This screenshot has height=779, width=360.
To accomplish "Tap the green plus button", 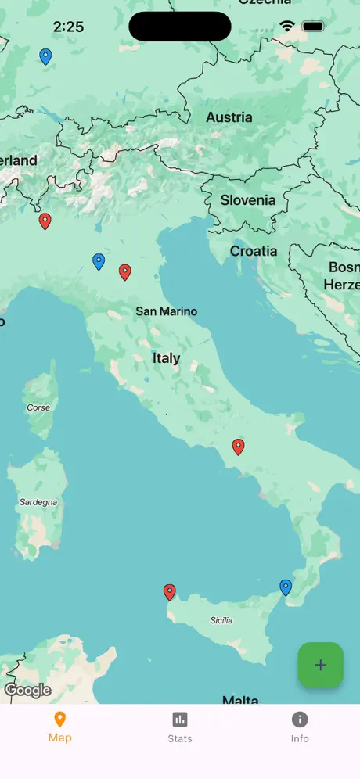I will click(x=320, y=665).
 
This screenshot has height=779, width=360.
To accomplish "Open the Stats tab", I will click(x=179, y=727).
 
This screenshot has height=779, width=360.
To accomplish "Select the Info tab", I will click(x=300, y=727).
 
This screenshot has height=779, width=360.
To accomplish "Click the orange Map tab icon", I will click(x=59, y=720).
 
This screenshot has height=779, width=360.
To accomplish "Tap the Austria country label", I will click(x=229, y=117).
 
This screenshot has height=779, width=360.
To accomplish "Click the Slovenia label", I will click(x=247, y=200).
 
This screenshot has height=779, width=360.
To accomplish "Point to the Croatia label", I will click(x=253, y=251).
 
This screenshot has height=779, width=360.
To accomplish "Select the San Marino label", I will click(x=167, y=311).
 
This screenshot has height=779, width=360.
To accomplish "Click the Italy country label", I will click(x=166, y=358).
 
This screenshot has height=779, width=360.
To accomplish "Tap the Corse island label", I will click(x=38, y=407).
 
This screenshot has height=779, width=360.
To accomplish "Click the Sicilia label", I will click(x=221, y=620).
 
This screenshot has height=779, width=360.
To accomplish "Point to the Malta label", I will click(x=240, y=700).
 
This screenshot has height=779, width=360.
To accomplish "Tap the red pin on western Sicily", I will click(x=169, y=592).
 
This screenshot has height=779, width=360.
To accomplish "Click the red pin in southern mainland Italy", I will click(x=239, y=447).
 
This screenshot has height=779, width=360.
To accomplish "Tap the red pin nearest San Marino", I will click(x=124, y=271).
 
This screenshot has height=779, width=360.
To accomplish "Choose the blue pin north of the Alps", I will click(x=45, y=56).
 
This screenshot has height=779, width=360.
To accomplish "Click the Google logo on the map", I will click(x=27, y=691).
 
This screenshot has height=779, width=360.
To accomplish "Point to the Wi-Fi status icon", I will click(x=287, y=27).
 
